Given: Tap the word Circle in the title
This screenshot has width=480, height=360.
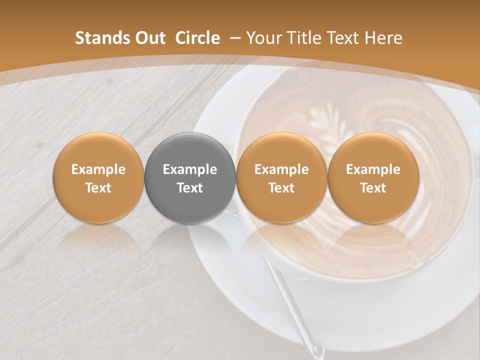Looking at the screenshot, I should click(197, 38).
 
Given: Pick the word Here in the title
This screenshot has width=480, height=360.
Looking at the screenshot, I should click(383, 38).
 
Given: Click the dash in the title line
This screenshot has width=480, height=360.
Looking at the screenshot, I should click(233, 38).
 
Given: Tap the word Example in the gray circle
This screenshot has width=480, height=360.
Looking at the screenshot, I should click(190, 169).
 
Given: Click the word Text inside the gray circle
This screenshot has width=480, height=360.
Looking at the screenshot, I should click(190, 188).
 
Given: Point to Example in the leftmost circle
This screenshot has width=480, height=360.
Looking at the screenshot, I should click(98, 169).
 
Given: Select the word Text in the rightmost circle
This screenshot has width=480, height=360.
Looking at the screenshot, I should click(373, 188).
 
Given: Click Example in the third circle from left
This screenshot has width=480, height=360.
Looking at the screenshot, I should click(281, 169).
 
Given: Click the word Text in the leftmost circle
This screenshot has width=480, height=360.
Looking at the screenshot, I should click(98, 188).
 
